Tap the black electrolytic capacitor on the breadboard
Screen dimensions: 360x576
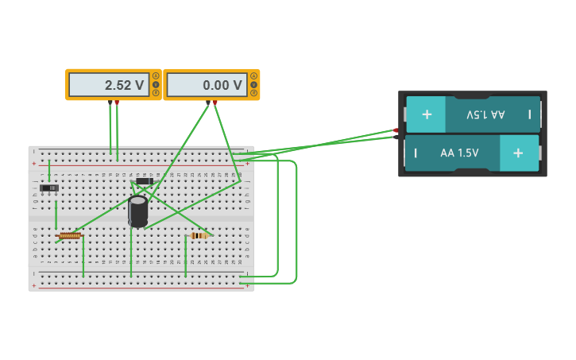click(138, 211)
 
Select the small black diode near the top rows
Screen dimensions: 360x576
click(144, 181)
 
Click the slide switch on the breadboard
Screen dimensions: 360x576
click(49, 188)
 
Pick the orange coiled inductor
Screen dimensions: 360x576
click(70, 235)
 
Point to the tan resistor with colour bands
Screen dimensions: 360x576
click(199, 235)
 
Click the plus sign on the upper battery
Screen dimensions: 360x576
click(427, 114)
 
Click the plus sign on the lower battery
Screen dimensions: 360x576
click(518, 153)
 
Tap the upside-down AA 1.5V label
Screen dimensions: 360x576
click(485, 114)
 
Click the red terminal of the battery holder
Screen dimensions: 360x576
click(396, 130)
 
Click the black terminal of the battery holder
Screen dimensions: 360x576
click(396, 137)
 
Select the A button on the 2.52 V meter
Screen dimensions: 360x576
click(156, 76)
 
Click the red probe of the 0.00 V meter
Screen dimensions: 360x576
click(215, 103)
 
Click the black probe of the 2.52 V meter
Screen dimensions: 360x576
click(110, 103)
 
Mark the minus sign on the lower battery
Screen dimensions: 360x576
click(416, 153)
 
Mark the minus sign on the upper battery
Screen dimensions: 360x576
click(530, 114)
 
